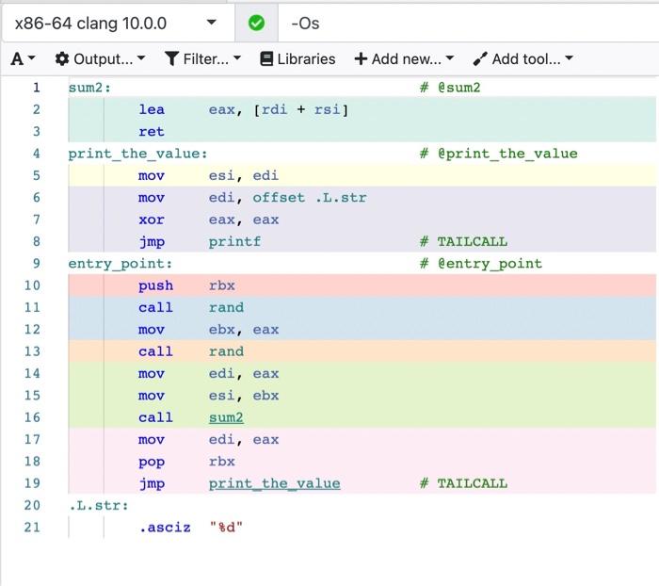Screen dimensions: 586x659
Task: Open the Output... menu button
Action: [x=101, y=58]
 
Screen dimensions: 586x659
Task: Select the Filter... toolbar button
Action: [x=202, y=58]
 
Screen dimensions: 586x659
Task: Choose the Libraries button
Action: [x=297, y=58]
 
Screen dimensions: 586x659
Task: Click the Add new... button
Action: [x=404, y=58]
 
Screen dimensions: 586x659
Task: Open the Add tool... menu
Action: [x=523, y=58]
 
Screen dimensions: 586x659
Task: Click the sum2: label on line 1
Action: [x=89, y=88]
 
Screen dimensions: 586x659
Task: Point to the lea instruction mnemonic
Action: [x=151, y=110]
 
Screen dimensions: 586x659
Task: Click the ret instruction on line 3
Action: [x=151, y=132]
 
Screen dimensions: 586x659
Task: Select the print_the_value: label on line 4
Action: [x=137, y=154]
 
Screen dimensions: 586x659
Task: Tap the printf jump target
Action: [x=234, y=241]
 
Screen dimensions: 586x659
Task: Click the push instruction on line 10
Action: [x=155, y=285]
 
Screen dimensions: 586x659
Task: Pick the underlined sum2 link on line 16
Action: [x=226, y=417]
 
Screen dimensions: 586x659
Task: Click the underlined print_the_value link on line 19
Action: [x=274, y=483]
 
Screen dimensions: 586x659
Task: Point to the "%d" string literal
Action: [x=226, y=528]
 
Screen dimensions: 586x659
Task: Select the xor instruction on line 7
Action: [x=151, y=220]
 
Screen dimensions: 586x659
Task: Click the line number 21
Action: [x=33, y=528]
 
